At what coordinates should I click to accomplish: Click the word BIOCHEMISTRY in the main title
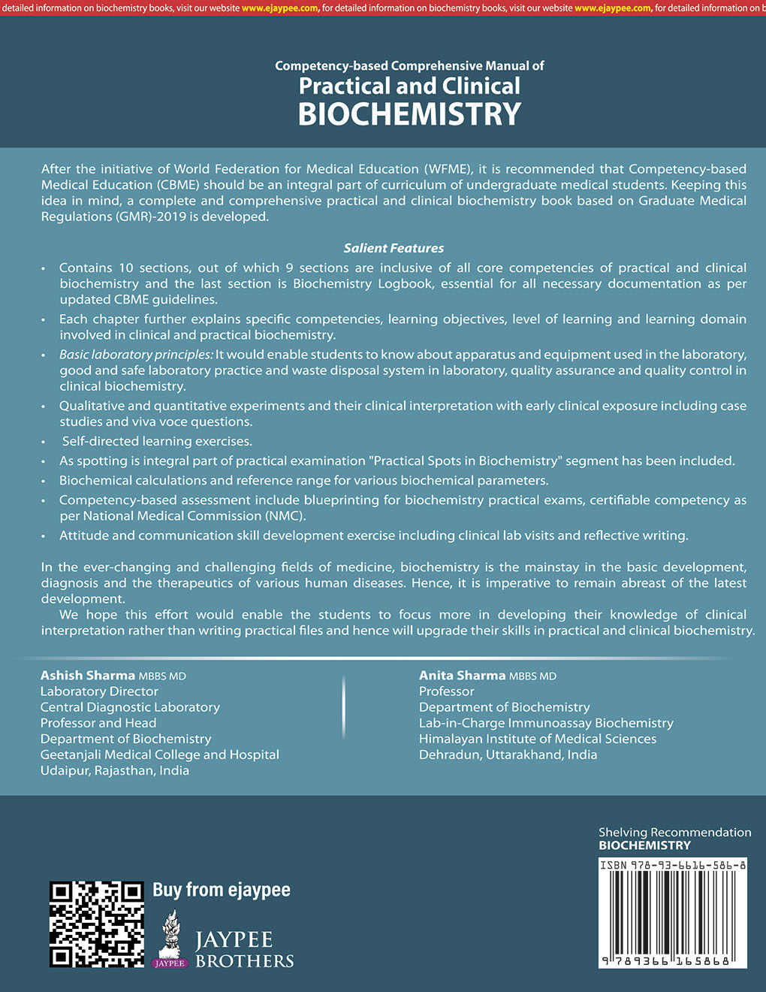point(409,114)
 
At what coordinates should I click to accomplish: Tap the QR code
point(96,924)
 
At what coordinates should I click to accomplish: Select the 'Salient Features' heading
point(394,248)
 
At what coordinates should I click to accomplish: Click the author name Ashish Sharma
point(88,676)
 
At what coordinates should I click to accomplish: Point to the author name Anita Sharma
point(463,676)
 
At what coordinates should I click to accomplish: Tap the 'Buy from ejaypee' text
point(221,890)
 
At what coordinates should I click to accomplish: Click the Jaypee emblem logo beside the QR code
point(170,938)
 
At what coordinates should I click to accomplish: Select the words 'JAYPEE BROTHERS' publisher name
point(244,950)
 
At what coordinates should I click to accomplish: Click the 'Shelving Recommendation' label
point(674,832)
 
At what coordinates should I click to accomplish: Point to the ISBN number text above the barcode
point(673,865)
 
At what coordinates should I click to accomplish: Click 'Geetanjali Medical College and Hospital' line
point(160,755)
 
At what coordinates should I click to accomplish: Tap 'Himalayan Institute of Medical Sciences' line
point(538,739)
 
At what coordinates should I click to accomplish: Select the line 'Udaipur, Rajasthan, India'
point(115,770)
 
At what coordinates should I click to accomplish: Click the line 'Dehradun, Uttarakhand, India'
point(508,755)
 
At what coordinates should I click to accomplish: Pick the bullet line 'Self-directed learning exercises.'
point(157,441)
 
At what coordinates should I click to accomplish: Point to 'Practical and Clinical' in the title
point(409,86)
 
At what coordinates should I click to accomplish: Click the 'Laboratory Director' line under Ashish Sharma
point(99,691)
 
